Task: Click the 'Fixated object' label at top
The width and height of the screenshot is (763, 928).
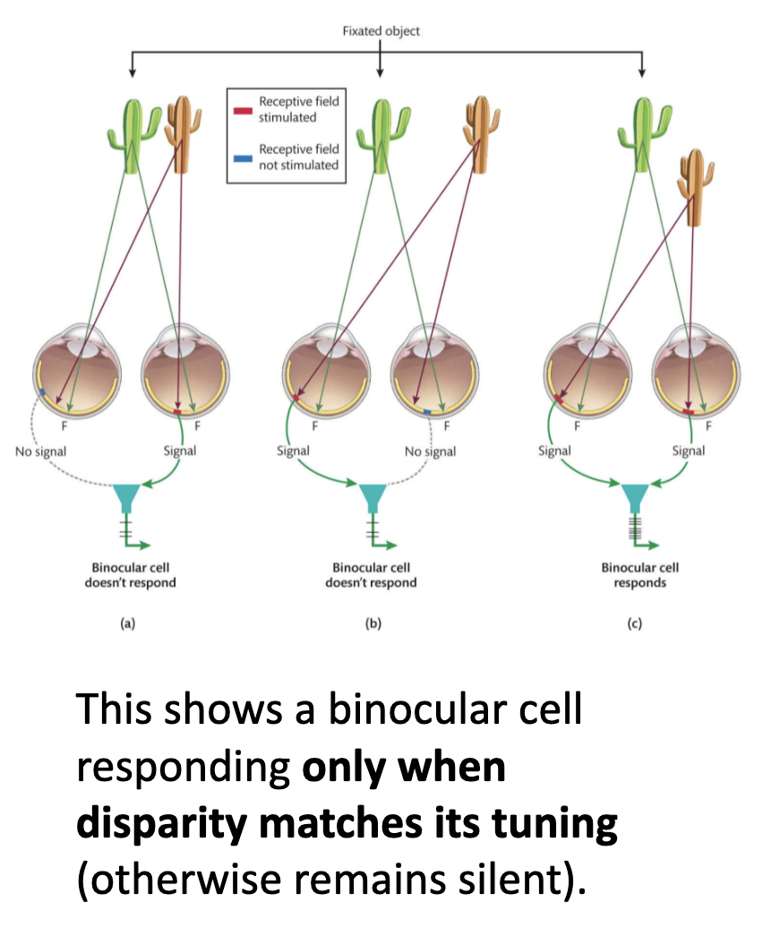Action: (381, 30)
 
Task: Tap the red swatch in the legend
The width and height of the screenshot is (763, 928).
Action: (243, 110)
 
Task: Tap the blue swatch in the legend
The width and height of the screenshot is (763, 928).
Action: (243, 158)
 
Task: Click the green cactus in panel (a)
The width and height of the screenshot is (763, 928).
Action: (132, 134)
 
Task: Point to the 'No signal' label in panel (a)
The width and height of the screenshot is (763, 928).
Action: (40, 451)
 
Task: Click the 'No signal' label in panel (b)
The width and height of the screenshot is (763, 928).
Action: (430, 451)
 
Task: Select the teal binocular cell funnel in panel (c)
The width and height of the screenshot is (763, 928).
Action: (635, 495)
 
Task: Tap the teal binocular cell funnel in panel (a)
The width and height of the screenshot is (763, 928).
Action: (125, 495)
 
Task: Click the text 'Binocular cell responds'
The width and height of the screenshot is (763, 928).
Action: (639, 574)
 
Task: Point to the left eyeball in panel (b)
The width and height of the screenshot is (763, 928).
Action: (322, 367)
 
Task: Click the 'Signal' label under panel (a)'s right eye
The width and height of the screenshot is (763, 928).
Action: (179, 451)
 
